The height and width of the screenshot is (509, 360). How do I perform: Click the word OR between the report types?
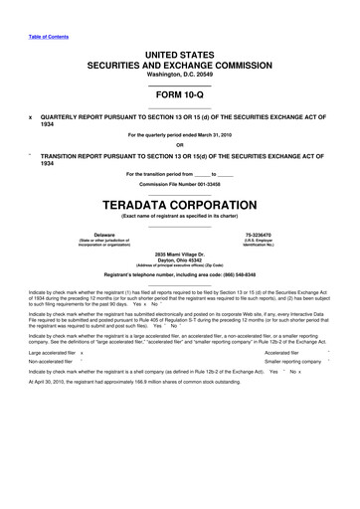click(179, 146)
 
